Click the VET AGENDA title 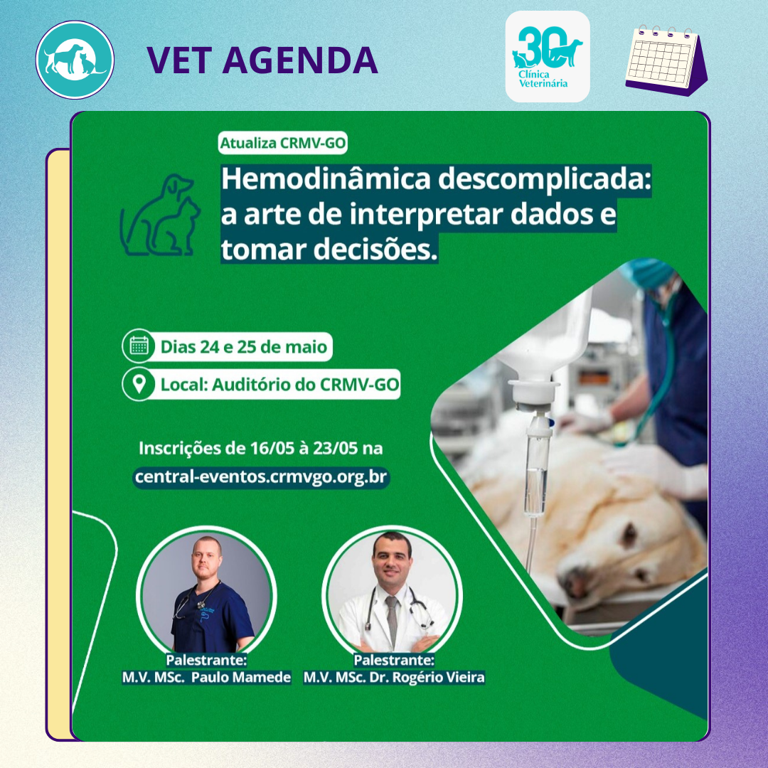click(x=262, y=60)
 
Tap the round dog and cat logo click(x=75, y=60)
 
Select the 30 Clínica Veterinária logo click(x=547, y=56)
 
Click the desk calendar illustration click(x=666, y=60)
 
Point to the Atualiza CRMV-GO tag click(x=282, y=143)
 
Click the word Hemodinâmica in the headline click(x=326, y=178)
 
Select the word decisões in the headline click(x=375, y=250)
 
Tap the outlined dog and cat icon click(x=160, y=215)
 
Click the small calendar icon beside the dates click(x=139, y=346)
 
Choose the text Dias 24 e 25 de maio click(x=243, y=347)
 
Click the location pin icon click(x=139, y=383)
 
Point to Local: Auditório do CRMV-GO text click(x=279, y=385)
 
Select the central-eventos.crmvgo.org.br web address click(x=261, y=476)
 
